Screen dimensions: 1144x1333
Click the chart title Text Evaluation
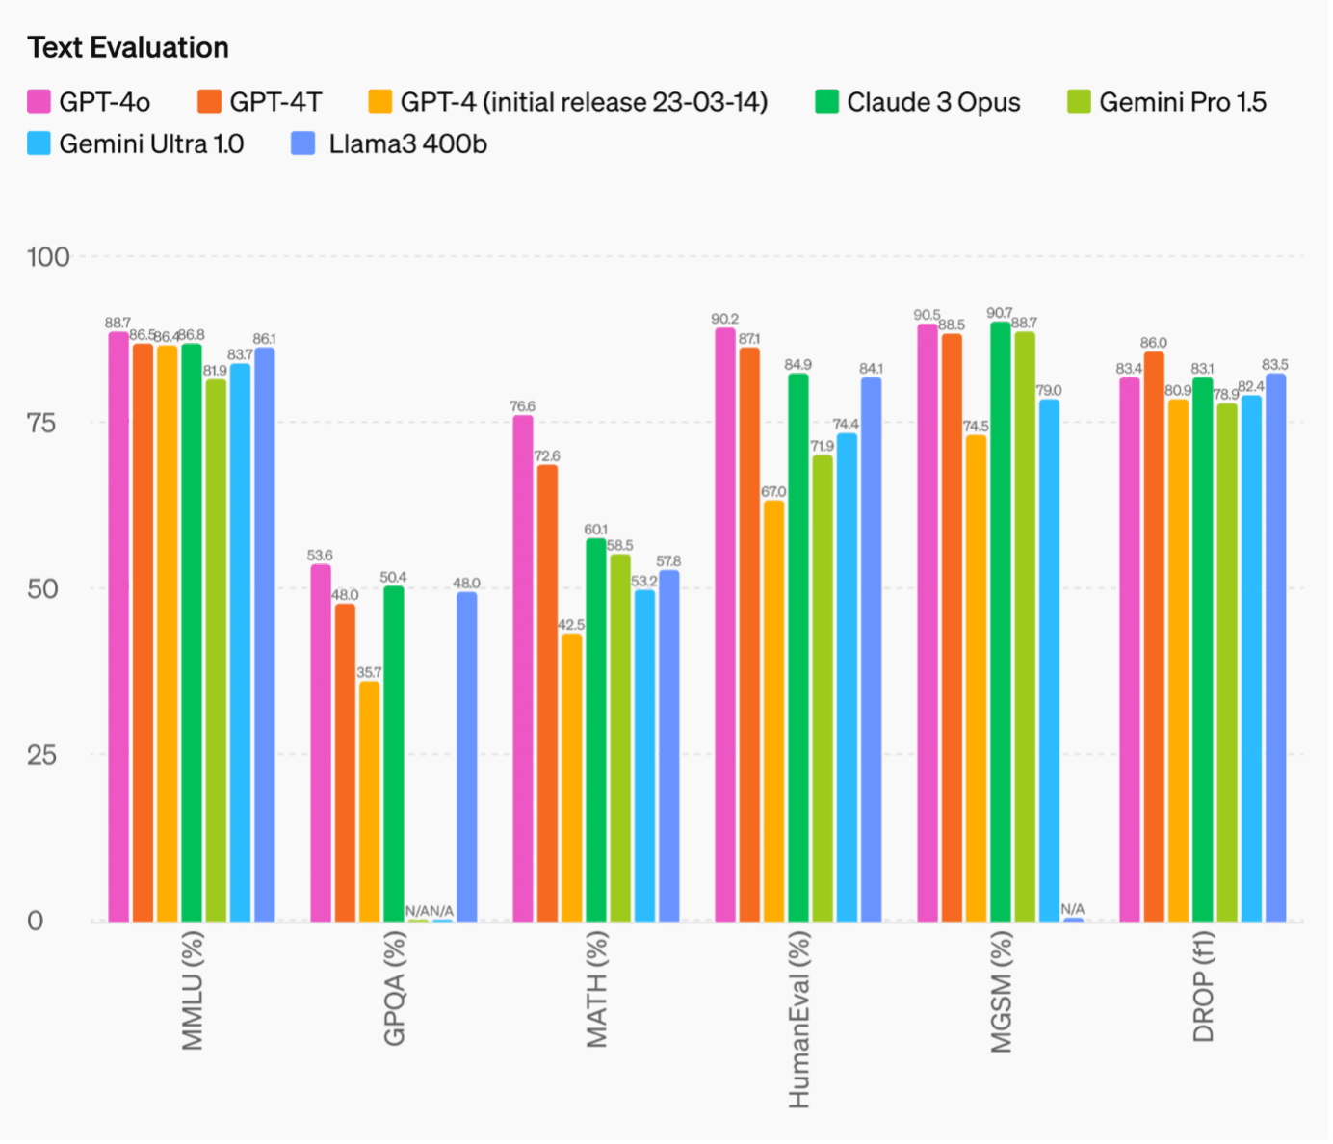coord(128,47)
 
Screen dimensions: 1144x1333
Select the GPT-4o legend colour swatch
coord(39,102)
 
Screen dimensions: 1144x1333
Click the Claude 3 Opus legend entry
coord(932,102)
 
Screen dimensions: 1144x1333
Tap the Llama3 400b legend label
coord(407,144)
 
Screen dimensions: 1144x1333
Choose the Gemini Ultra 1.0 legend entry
coord(150,144)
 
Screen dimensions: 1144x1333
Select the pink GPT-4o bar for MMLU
coord(118,626)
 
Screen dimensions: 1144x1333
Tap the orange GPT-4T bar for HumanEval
coord(749,635)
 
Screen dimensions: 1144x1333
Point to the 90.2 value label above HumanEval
coord(724,319)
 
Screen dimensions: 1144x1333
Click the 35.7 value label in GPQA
coord(369,672)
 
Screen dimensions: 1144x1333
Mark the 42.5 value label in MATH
coord(571,625)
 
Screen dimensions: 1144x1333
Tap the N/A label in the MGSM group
coord(1073,909)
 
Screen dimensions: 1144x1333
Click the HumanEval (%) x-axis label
coord(799,1021)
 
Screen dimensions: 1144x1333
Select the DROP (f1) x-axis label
coord(1204,987)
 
